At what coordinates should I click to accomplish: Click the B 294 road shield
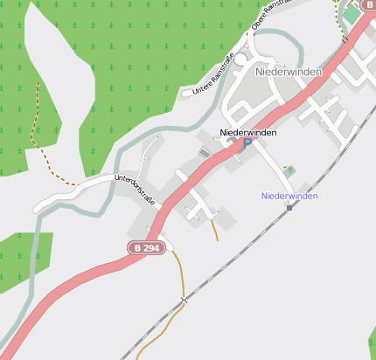[x=145, y=248]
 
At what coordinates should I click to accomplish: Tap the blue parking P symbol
[x=247, y=143]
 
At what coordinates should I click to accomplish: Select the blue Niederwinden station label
[x=289, y=196]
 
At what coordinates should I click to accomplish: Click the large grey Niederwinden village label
[x=289, y=71]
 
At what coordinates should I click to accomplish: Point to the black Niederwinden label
[x=248, y=132]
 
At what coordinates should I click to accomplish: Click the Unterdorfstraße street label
[x=136, y=190]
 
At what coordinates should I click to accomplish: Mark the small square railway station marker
[x=289, y=208]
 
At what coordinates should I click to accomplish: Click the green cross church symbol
[x=290, y=170]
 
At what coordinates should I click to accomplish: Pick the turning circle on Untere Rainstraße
[x=240, y=60]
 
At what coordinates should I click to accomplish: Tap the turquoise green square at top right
[x=352, y=14]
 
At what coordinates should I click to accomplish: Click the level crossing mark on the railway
[x=184, y=301]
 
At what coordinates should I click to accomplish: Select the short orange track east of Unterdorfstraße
[x=214, y=229]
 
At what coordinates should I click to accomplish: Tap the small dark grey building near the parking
[x=205, y=153]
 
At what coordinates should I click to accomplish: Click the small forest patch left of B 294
[x=22, y=258]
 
